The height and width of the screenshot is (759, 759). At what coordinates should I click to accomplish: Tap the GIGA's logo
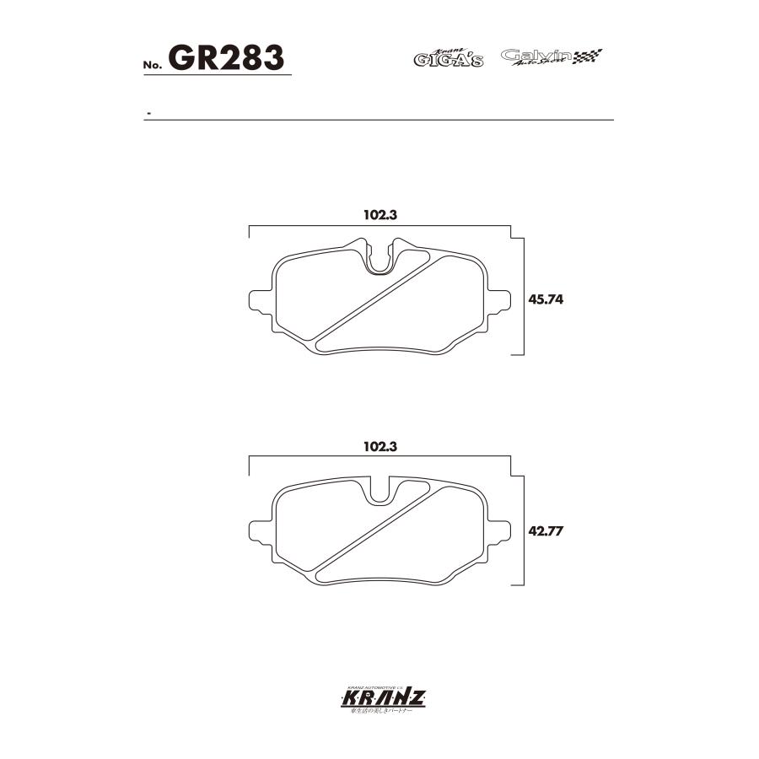click(x=448, y=58)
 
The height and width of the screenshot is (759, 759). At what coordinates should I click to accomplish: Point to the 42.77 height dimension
click(x=546, y=531)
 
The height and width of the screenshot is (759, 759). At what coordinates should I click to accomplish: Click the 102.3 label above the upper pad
click(x=379, y=215)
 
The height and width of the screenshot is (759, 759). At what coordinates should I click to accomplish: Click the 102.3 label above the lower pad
click(x=379, y=447)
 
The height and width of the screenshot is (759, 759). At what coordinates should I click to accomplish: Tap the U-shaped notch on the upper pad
click(x=383, y=258)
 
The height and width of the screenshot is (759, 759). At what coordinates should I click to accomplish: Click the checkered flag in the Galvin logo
click(x=589, y=57)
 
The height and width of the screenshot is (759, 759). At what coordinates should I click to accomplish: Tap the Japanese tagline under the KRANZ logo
click(x=379, y=712)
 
